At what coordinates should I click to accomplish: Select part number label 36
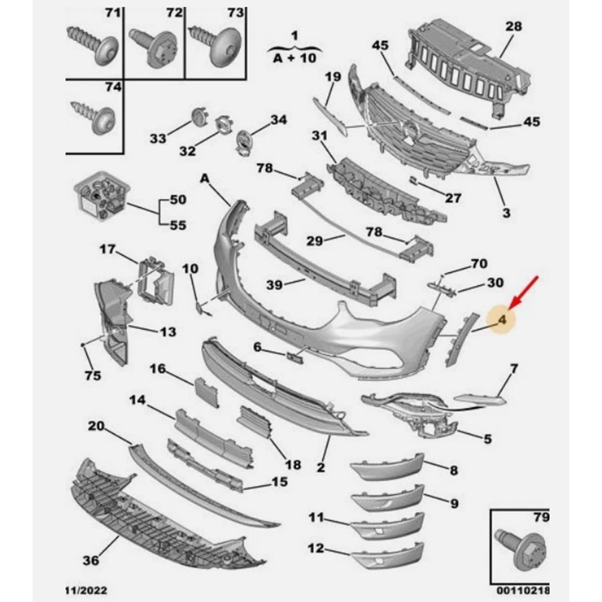click(x=90, y=559)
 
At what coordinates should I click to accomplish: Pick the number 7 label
click(x=514, y=368)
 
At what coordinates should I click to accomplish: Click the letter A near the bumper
click(x=205, y=178)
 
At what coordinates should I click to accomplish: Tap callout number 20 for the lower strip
click(x=96, y=426)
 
